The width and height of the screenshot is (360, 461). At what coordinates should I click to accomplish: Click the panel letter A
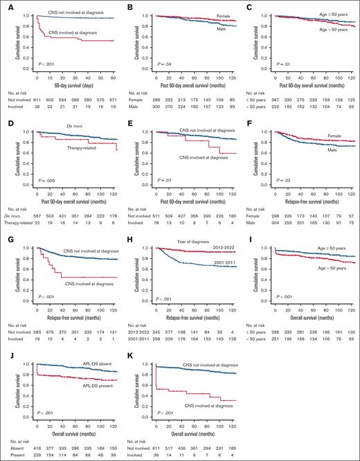(4, 5)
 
